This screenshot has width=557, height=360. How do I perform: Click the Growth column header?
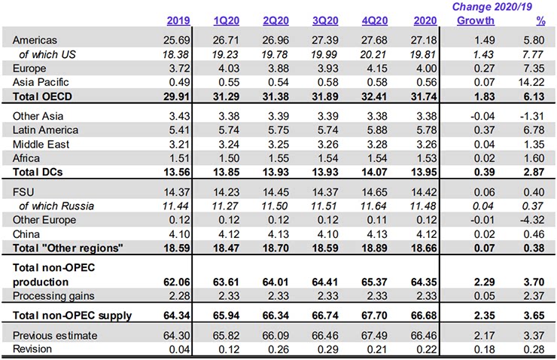(476, 19)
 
